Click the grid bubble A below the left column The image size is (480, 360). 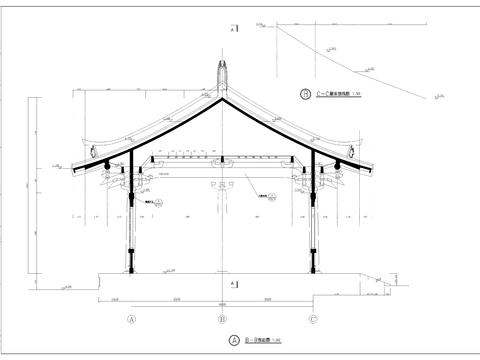coord(130,320)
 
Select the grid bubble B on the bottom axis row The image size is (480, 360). coord(222,320)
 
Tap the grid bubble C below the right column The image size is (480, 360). coord(314,320)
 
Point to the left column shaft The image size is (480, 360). coord(130,230)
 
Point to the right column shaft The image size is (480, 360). coord(314,230)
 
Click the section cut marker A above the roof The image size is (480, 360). coord(233,31)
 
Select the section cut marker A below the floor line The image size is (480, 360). coord(233,285)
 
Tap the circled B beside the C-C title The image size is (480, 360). coord(306,96)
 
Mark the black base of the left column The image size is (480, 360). coord(130,269)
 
